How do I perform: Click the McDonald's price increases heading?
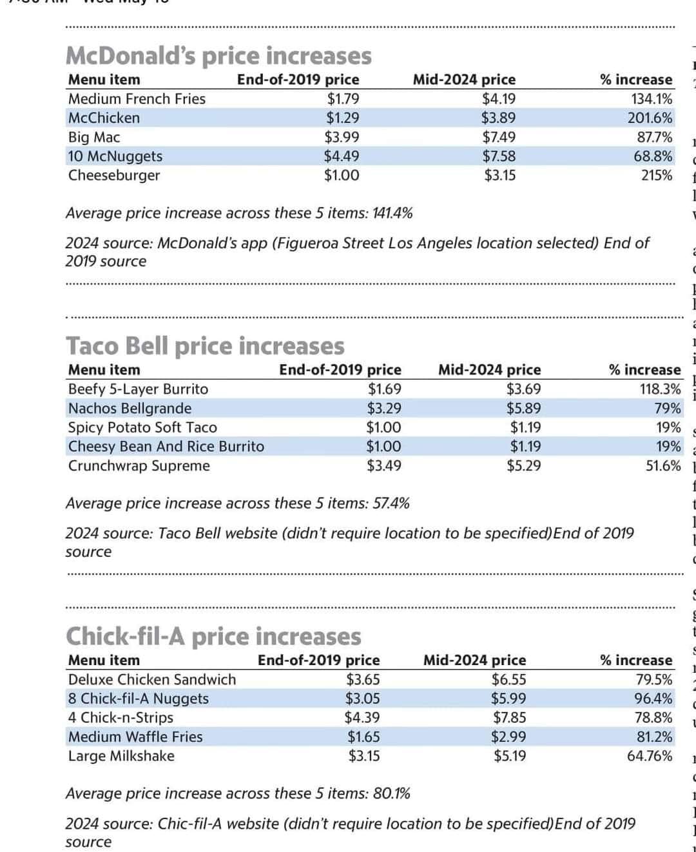pos(218,56)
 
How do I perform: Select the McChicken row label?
pos(104,118)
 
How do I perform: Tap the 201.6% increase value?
pos(650,118)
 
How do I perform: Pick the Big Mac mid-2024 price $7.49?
pos(499,137)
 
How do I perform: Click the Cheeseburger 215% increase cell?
pos(657,175)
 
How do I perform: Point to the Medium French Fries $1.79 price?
pos(342,99)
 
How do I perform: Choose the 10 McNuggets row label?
pos(115,156)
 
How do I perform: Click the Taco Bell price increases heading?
pos(205,346)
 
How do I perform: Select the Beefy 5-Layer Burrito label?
pos(138,389)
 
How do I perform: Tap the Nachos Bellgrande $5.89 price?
pos(523,408)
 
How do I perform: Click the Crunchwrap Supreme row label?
pos(139,447)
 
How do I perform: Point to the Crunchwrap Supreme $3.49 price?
pos(383,447)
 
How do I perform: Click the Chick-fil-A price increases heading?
pos(213,636)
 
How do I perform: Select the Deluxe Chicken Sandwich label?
pos(152,679)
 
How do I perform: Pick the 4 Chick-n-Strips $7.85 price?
pos(509,717)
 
